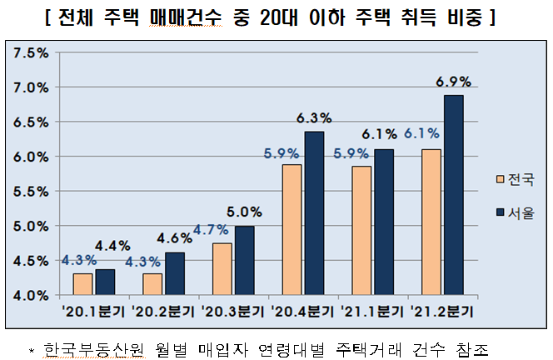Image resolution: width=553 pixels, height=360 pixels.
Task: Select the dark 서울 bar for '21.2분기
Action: [454, 195]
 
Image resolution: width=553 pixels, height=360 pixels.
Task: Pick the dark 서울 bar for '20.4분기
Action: [314, 213]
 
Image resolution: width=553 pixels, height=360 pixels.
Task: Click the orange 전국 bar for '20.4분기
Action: [291, 230]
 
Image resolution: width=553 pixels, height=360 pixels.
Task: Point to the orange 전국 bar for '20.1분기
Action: [82, 284]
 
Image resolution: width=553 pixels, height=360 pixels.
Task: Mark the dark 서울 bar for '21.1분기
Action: [384, 222]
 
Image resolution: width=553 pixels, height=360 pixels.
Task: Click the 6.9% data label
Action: [454, 82]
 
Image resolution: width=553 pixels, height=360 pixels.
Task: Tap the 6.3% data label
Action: [315, 118]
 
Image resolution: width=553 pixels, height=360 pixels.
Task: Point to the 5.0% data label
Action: [245, 212]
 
